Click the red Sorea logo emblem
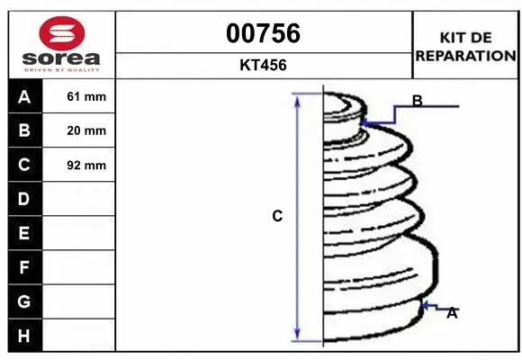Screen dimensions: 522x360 pos(62,33)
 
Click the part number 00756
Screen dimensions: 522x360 pos(263,33)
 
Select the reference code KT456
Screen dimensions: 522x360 pos(263,65)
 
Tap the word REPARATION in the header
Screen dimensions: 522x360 pos(465,56)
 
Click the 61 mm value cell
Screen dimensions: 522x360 pos(86,96)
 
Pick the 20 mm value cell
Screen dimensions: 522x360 pos(86,130)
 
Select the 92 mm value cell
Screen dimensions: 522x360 pos(86,166)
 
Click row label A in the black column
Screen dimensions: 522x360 pos(24,97)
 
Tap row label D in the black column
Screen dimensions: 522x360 pos(23,199)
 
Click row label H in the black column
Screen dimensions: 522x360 pos(24,336)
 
